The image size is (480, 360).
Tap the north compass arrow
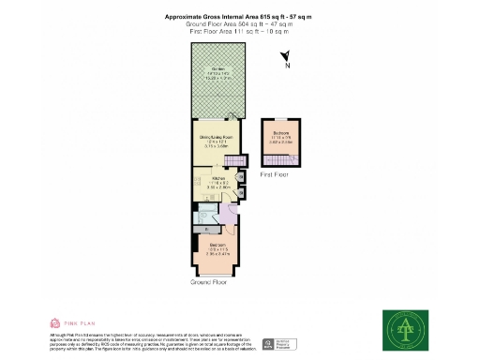pyautogui.click(x=288, y=58)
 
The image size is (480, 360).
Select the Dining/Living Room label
pyautogui.click(x=217, y=141)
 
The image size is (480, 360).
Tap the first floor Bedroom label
pyautogui.click(x=280, y=137)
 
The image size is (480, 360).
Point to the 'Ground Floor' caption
pyautogui.click(x=210, y=280)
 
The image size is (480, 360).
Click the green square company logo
pyautogui.click(x=406, y=327)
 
